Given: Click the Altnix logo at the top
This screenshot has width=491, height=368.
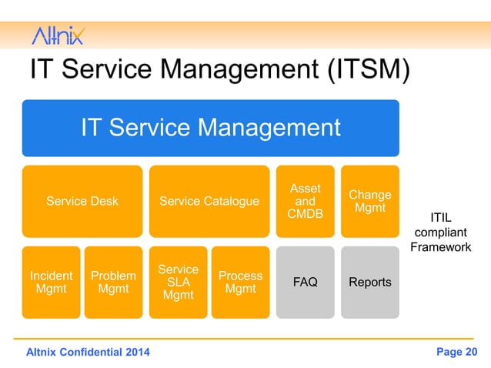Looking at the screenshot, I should pyautogui.click(x=58, y=35).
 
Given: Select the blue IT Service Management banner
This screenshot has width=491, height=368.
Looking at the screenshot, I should pyautogui.click(x=210, y=128).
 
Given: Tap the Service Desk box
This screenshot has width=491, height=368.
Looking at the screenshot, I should pyautogui.click(x=82, y=201).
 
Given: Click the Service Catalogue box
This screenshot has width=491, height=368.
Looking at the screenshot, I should pyautogui.click(x=209, y=201).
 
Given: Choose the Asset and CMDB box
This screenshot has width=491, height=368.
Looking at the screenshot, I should pyautogui.click(x=306, y=201).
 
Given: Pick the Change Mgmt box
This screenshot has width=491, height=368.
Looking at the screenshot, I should pyautogui.click(x=370, y=201).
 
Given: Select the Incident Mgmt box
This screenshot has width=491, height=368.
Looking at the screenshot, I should pyautogui.click(x=51, y=282).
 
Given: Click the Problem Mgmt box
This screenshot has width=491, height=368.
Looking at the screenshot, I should pyautogui.click(x=113, y=282).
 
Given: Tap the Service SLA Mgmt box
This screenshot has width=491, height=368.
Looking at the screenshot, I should pyautogui.click(x=178, y=282).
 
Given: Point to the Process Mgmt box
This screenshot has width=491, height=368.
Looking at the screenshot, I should pyautogui.click(x=240, y=282).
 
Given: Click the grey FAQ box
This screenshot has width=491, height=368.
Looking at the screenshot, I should pyautogui.click(x=306, y=282).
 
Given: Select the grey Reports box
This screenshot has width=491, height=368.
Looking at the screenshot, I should pyautogui.click(x=370, y=282).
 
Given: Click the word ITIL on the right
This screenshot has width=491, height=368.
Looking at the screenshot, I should pyautogui.click(x=440, y=217).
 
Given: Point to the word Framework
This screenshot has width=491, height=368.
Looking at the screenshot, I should pyautogui.click(x=440, y=247).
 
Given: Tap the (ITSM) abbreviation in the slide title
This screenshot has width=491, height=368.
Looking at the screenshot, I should pyautogui.click(x=362, y=71).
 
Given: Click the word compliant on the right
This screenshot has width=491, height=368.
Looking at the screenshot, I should pyautogui.click(x=440, y=233).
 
